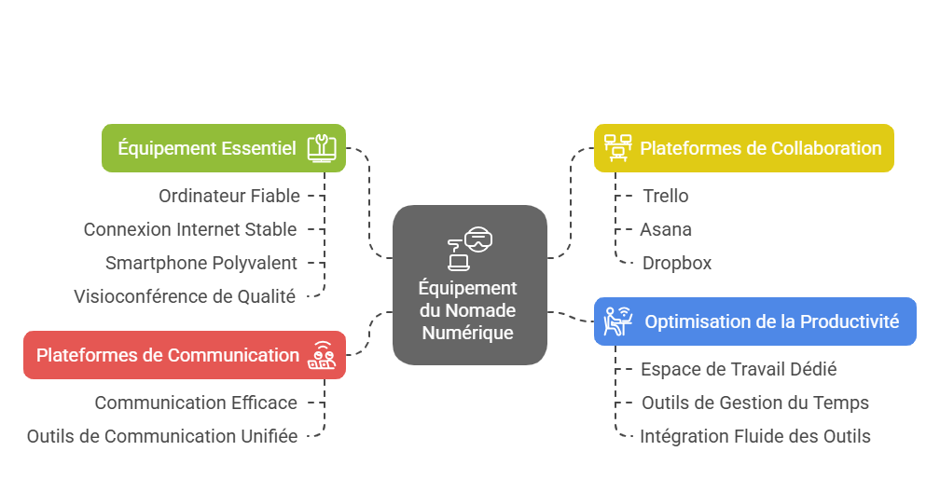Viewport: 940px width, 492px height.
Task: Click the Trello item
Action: pos(666,196)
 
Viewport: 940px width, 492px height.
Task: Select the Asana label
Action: pos(666,229)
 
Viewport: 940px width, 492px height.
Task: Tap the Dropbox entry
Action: pos(677,263)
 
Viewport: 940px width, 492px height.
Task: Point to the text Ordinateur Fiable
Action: pos(229,196)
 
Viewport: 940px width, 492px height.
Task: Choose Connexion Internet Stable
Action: pos(190,229)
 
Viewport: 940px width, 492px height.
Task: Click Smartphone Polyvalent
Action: pos(201,263)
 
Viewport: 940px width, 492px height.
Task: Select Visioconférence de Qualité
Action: pos(185,296)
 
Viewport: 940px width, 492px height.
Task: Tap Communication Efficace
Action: pos(196,403)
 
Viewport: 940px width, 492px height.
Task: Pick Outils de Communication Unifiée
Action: pos(162,436)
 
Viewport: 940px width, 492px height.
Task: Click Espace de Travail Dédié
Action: pos(739,369)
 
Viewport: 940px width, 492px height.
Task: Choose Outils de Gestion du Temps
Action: pos(755,403)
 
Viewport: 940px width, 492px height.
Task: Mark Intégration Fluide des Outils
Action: pos(755,436)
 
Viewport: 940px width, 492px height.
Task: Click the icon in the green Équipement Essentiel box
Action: pos(322,148)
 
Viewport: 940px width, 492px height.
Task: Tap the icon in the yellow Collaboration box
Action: pos(617,148)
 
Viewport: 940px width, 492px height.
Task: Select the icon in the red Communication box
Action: pos(322,355)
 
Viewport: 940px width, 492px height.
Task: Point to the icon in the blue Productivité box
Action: pos(617,321)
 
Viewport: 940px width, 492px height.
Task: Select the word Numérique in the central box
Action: pos(469,332)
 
